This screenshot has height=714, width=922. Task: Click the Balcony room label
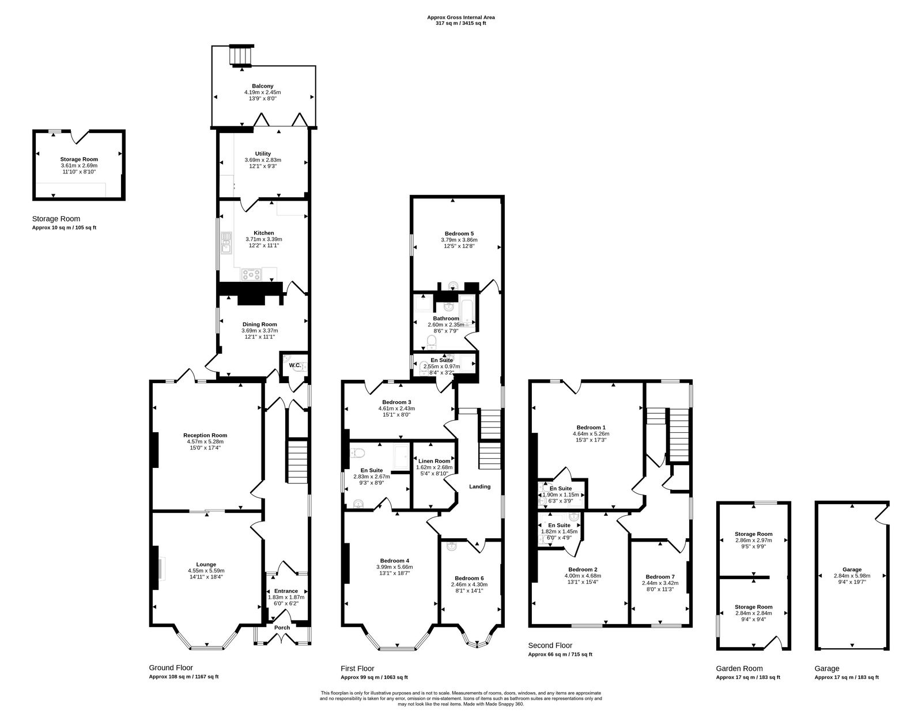[262, 86]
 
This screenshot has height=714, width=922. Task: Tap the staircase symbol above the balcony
[241, 56]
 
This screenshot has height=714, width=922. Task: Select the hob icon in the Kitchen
[252, 274]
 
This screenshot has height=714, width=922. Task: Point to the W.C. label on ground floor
[294, 365]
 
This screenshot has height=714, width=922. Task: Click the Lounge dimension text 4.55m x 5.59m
[206, 571]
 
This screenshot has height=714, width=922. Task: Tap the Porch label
[282, 628]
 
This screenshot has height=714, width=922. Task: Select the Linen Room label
[434, 461]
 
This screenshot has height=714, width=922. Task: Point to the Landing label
[479, 486]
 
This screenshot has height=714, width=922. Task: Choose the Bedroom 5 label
[459, 233]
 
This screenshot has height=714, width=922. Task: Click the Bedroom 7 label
[660, 577]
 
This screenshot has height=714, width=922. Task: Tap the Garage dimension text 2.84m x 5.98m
[852, 575]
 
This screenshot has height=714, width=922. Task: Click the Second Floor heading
[550, 645]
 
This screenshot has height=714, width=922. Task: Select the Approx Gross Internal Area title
[460, 17]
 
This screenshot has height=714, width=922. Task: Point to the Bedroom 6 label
[469, 578]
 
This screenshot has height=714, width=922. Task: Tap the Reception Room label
[205, 435]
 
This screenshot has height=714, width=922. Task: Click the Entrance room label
[286, 591]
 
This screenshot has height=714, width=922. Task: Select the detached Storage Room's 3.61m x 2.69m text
[79, 165]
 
